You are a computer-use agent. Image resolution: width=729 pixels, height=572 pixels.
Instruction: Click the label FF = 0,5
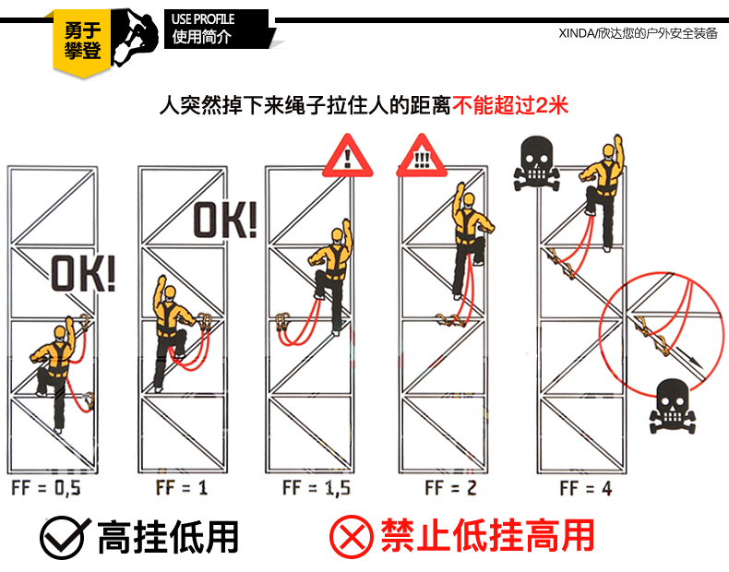(x=45, y=488)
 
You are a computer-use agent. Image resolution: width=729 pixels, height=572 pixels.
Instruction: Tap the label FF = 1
(x=182, y=488)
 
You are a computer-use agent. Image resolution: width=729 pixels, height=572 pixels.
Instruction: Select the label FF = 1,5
(x=317, y=488)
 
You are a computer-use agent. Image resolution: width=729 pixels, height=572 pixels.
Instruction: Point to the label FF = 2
(x=450, y=488)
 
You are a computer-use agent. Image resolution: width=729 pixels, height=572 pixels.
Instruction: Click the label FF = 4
(x=586, y=488)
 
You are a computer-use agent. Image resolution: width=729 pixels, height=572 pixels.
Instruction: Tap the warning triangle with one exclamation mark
(x=348, y=156)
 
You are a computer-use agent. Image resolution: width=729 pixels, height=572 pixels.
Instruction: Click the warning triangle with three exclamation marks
(x=422, y=156)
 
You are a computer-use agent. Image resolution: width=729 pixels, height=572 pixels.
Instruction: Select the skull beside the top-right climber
(x=536, y=163)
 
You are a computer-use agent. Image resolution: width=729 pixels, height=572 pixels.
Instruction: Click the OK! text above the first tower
(x=83, y=274)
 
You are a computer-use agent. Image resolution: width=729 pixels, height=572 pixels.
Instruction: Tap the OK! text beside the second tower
(x=225, y=220)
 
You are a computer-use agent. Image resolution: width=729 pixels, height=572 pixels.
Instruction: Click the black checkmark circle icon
(x=64, y=537)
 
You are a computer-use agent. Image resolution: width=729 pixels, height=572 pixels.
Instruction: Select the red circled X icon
(x=352, y=537)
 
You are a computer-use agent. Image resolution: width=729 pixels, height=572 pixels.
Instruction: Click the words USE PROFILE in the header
(x=203, y=19)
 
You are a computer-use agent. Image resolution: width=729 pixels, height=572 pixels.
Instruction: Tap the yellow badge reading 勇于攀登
(x=83, y=42)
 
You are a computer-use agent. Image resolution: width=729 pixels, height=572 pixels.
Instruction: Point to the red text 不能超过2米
(x=510, y=105)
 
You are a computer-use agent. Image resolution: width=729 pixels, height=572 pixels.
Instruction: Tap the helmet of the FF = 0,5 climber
(x=60, y=331)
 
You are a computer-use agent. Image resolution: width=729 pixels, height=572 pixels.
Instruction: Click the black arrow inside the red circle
(x=687, y=357)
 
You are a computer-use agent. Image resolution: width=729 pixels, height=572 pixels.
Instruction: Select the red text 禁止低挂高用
(x=488, y=536)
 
